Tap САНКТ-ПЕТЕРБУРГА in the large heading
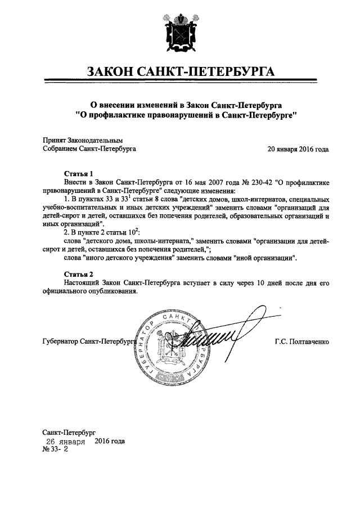click(x=210, y=73)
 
